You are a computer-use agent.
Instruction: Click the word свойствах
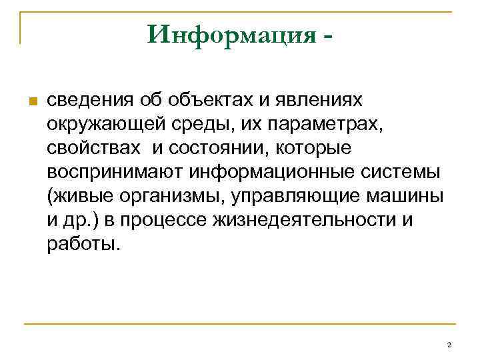[x=91, y=148]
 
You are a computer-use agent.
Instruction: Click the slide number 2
[x=449, y=345]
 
